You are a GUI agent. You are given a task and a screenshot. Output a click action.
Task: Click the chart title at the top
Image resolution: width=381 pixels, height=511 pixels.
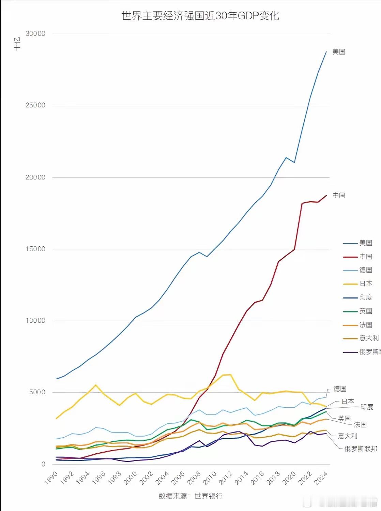[200, 16]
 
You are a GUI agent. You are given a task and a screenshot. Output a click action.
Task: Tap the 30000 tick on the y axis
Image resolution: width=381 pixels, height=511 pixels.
[35, 33]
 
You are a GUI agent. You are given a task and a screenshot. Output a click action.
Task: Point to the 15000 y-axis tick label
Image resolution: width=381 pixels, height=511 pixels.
[35, 249]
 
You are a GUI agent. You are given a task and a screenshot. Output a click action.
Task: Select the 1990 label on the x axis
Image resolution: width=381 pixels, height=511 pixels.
[51, 478]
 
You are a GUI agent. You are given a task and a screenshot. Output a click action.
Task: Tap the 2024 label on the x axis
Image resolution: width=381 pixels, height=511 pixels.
[321, 478]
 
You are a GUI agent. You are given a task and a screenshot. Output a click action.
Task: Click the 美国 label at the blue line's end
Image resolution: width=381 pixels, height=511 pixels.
[339, 52]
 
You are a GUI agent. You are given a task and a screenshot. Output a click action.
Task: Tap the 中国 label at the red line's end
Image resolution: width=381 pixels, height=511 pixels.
[339, 195]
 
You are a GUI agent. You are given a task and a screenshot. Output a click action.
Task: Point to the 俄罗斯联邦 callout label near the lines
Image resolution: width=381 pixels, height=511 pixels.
[361, 449]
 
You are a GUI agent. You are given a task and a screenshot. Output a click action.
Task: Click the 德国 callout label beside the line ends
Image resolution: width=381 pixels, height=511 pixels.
[340, 389]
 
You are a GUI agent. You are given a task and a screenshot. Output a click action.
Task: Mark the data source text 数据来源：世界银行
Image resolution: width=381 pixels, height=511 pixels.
[190, 496]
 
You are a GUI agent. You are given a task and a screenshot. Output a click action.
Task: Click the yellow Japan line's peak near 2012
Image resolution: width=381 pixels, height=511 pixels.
[231, 375]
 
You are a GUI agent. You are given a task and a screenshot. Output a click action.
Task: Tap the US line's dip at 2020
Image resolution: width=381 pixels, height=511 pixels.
[294, 162]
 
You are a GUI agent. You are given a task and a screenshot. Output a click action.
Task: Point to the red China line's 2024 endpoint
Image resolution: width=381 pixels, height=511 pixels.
[326, 195]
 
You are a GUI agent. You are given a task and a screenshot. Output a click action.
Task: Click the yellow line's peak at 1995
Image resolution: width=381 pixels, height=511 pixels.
[96, 385]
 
